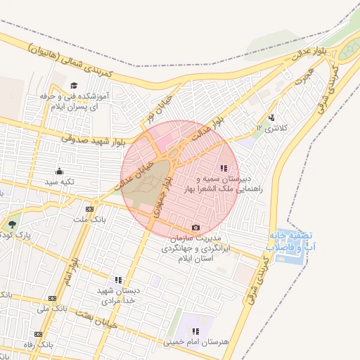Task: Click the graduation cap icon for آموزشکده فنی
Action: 72,86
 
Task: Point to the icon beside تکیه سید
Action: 59,171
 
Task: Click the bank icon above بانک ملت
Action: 89,209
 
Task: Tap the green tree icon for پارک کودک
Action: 13,224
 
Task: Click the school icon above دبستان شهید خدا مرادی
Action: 118,279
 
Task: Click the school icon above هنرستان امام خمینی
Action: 195,330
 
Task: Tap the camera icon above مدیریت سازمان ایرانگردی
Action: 195,227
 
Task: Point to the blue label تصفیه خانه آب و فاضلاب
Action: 290,241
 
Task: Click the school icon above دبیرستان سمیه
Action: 224,168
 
